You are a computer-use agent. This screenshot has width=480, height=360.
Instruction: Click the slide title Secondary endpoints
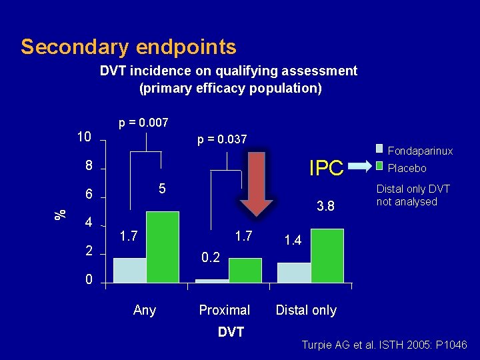click(x=129, y=47)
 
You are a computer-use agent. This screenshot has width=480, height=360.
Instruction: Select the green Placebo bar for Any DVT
click(x=162, y=247)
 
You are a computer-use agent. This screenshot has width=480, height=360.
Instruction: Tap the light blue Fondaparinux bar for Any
click(x=129, y=270)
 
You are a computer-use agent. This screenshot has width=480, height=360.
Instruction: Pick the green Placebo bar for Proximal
click(x=245, y=270)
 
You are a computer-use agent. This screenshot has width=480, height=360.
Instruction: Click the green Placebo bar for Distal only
click(x=327, y=255)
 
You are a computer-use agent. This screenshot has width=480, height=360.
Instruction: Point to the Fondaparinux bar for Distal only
click(x=294, y=273)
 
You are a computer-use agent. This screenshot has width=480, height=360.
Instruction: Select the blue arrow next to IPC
click(x=364, y=167)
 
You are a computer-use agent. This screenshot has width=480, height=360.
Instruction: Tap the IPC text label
click(x=326, y=169)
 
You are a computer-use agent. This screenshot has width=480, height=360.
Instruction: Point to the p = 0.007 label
click(x=143, y=123)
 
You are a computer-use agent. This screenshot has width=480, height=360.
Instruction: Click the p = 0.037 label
click(x=222, y=139)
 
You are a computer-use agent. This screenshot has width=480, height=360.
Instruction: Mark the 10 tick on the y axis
click(x=83, y=137)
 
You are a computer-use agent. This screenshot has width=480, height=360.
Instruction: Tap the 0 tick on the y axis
click(x=89, y=280)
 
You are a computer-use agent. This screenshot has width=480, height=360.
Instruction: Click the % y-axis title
click(x=61, y=213)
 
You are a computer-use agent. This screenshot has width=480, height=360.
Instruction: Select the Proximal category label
click(x=225, y=310)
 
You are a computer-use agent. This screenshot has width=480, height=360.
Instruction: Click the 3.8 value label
click(x=325, y=207)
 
